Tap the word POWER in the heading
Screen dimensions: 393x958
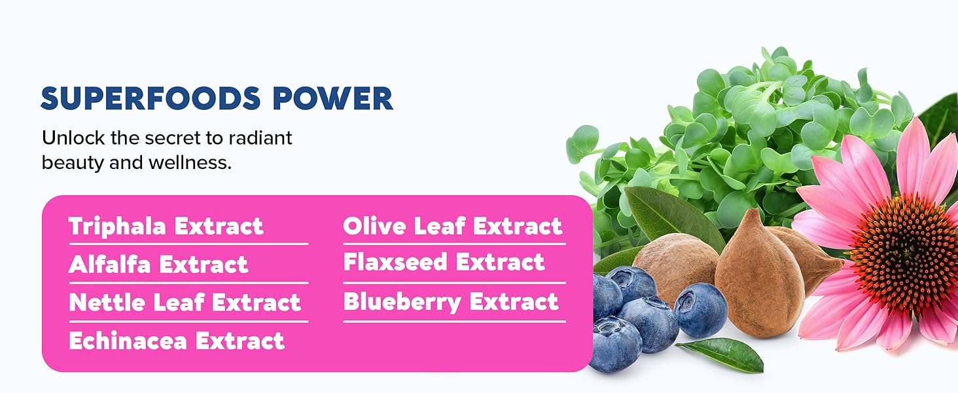(x=333, y=98)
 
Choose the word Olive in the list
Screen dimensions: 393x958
(x=372, y=227)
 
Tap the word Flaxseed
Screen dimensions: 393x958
(x=396, y=263)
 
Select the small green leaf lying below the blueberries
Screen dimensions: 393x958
(x=723, y=354)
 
